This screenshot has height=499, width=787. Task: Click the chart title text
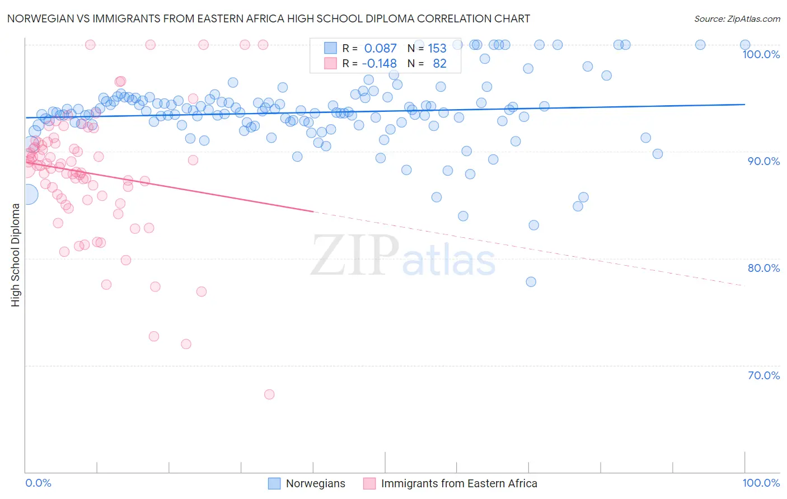tap(268, 18)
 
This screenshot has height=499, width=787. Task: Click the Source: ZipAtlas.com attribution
tap(737, 18)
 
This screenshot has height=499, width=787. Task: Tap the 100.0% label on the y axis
tap(761, 54)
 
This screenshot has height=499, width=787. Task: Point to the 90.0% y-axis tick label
tap(763, 161)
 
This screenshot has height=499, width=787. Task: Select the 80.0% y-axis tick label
tap(763, 268)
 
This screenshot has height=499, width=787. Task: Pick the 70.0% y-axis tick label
tap(763, 375)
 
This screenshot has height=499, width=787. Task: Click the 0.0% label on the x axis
tap(39, 483)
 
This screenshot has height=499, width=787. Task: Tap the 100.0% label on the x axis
tap(761, 483)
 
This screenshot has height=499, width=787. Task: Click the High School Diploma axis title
tap(16, 255)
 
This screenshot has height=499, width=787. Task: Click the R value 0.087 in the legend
tap(380, 49)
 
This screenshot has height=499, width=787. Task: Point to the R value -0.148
tap(379, 64)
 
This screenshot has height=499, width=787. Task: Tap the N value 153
tap(437, 49)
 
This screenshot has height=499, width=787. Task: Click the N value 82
tap(439, 64)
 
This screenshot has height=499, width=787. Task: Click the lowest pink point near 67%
tap(269, 394)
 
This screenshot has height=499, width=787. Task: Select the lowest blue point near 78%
tap(531, 282)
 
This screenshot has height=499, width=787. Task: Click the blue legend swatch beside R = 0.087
tap(331, 48)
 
